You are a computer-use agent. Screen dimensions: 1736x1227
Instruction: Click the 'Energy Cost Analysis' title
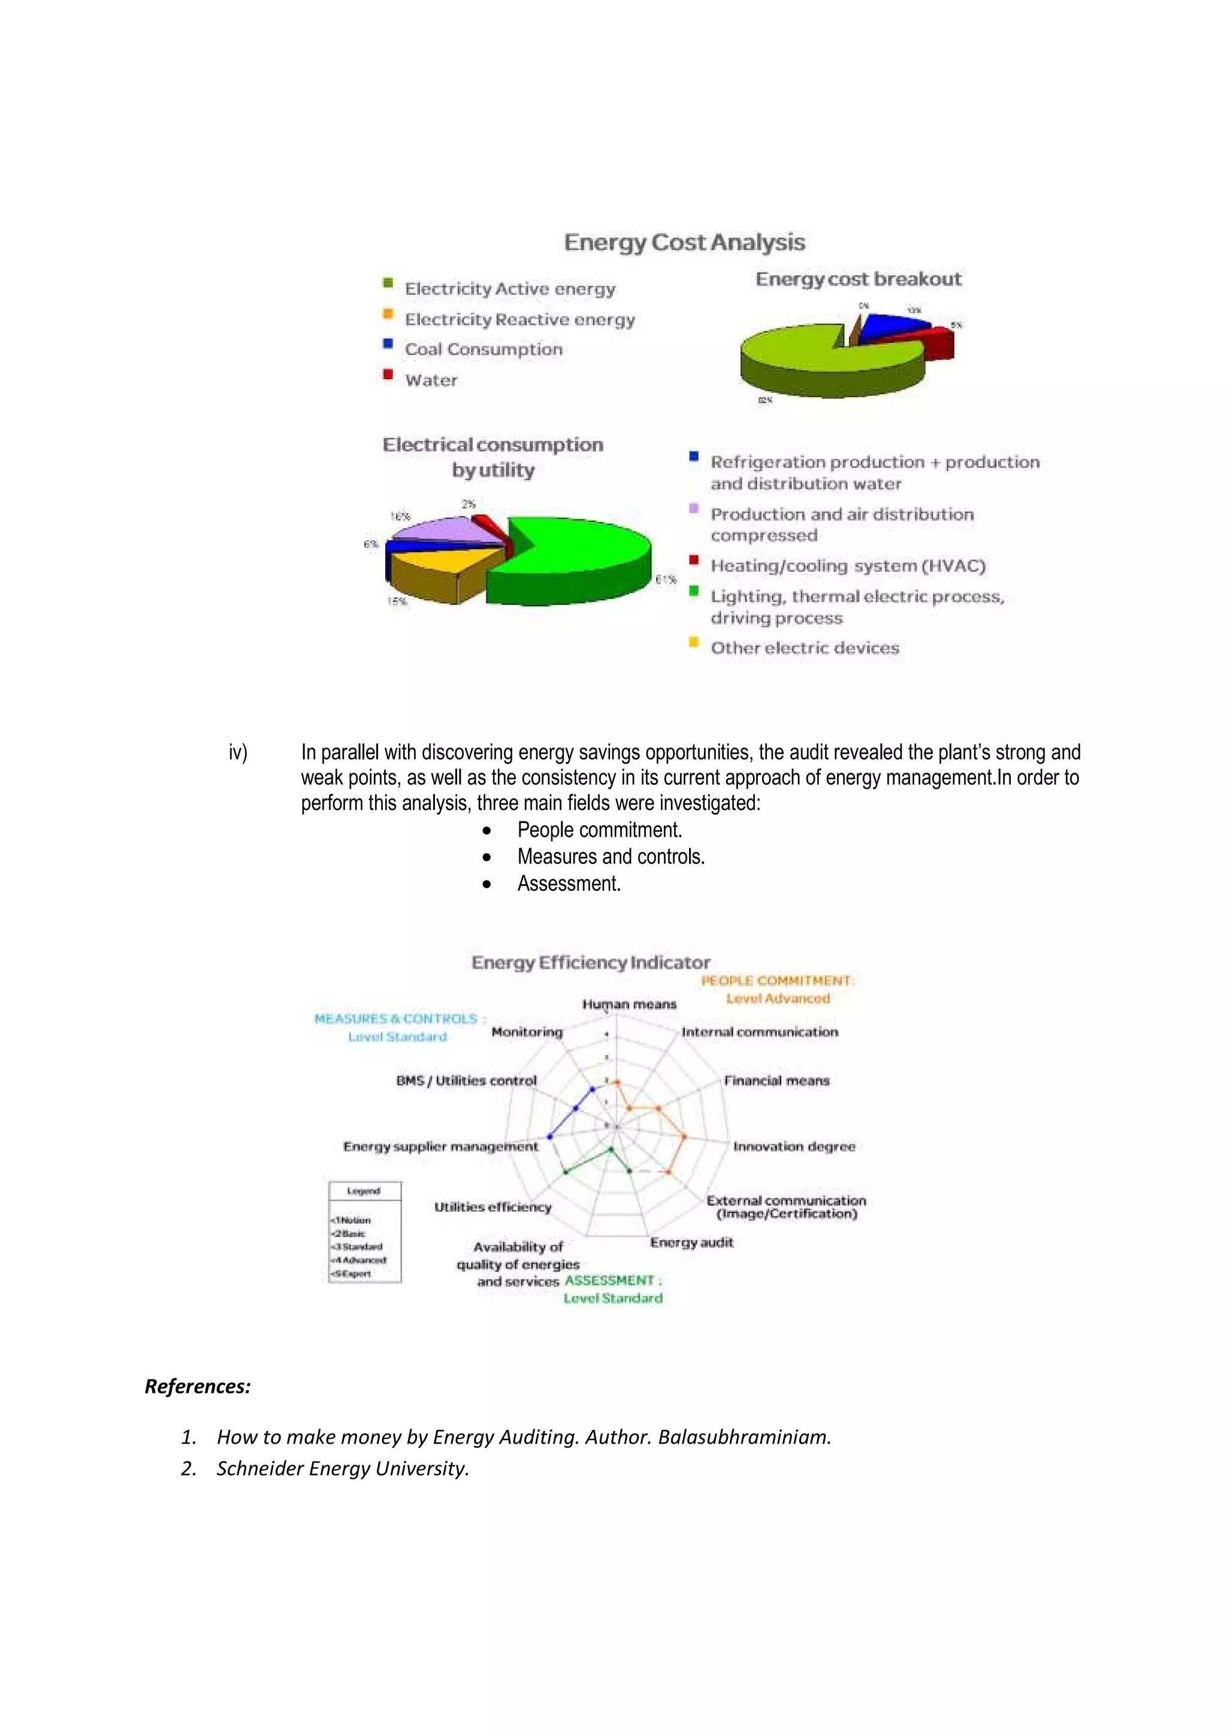pyautogui.click(x=684, y=242)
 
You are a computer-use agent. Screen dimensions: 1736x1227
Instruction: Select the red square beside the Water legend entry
pyautogui.click(x=388, y=374)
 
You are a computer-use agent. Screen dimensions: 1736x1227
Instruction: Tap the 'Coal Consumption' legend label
pyautogui.click(x=483, y=349)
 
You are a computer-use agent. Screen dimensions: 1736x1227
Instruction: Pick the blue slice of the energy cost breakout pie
pyautogui.click(x=892, y=325)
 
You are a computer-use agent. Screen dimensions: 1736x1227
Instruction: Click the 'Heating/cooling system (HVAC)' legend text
pyautogui.click(x=848, y=565)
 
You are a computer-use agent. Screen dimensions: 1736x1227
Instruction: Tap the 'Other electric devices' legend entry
pyautogui.click(x=805, y=648)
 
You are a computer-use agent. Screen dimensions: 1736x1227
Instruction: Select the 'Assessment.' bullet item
pyautogui.click(x=569, y=884)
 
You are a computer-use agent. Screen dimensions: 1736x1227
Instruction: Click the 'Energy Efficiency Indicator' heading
pyautogui.click(x=591, y=963)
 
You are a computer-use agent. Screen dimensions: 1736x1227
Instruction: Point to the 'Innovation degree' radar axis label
pyautogui.click(x=794, y=1146)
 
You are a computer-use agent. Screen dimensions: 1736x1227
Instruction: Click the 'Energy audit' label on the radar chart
pyautogui.click(x=691, y=1242)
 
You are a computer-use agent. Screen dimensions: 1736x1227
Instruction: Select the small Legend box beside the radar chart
pyautogui.click(x=364, y=1232)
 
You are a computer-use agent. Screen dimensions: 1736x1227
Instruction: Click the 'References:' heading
pyautogui.click(x=197, y=1387)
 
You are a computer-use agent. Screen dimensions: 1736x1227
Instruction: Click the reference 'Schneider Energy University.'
pyautogui.click(x=343, y=1468)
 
